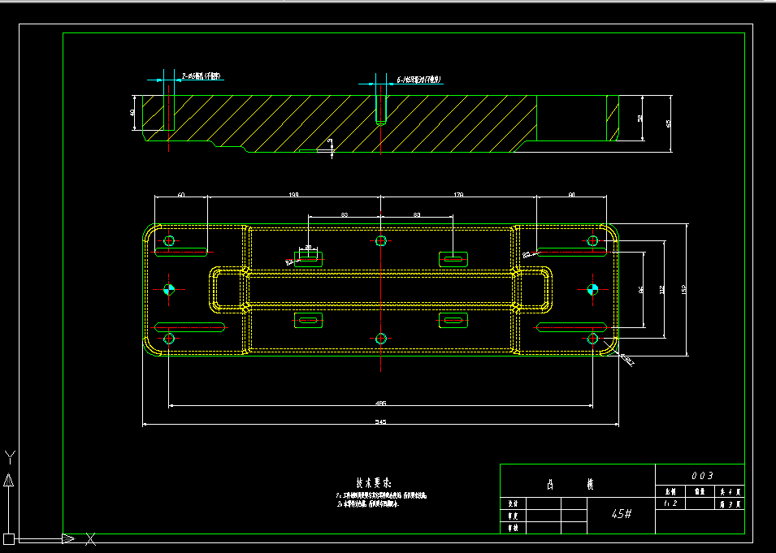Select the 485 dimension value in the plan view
click(x=380, y=403)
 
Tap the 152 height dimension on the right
click(x=683, y=289)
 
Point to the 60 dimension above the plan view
click(x=180, y=195)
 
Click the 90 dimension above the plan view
click(x=571, y=195)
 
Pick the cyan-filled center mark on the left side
click(x=169, y=289)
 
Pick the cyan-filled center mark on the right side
click(x=592, y=289)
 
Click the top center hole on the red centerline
click(x=381, y=240)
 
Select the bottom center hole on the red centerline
click(x=381, y=338)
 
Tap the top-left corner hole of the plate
click(x=169, y=240)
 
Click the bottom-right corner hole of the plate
click(x=592, y=338)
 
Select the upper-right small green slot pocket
click(x=454, y=259)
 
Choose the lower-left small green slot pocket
click(x=309, y=321)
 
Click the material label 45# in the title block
click(x=622, y=514)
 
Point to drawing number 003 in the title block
click(x=701, y=475)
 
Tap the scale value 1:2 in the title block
click(x=670, y=503)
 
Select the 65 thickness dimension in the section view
click(x=669, y=123)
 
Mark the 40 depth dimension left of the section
click(x=132, y=112)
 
